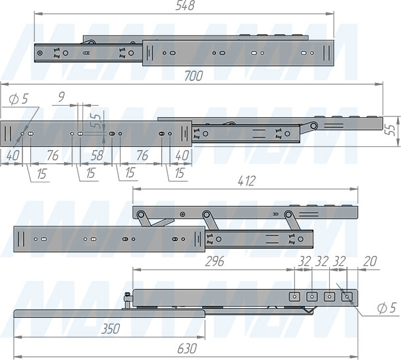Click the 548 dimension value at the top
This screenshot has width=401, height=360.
coord(185,5)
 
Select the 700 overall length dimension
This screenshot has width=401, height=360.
coord(194,76)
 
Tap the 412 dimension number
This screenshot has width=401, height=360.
coord(246,181)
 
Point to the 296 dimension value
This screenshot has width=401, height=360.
coord(214,261)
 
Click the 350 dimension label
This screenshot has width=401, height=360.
coord(111,329)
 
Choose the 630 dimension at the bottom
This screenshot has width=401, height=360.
coord(187,349)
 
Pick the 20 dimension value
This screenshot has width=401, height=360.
coord(370,261)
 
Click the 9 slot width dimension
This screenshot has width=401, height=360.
coord(61,97)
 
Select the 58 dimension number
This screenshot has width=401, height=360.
coord(97,155)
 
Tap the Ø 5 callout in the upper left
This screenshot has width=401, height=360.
coord(18,99)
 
